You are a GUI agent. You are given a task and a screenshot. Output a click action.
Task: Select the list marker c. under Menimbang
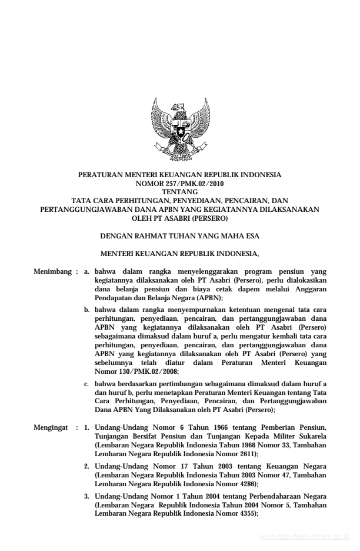(87, 384)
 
